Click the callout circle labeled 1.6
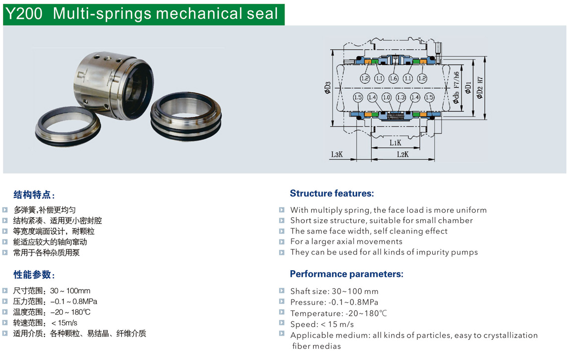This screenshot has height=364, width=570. (394, 78)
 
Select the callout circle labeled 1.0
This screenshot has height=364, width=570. (387, 98)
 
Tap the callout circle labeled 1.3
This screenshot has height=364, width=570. (400, 98)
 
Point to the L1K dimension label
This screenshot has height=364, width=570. (395, 142)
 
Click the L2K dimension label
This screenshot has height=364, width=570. (402, 154)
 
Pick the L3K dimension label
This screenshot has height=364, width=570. (337, 154)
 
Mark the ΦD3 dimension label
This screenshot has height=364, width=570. (328, 88)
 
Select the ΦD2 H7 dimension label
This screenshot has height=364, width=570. (480, 88)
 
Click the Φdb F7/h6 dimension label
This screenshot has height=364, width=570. (456, 88)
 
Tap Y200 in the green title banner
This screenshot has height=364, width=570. (24, 14)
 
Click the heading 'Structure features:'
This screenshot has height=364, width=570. (332, 193)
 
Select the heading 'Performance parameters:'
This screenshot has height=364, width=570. (346, 274)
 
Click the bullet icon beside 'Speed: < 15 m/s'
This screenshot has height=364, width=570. (282, 322)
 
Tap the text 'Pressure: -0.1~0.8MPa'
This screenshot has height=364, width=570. (334, 302)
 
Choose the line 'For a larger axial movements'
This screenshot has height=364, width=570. (346, 242)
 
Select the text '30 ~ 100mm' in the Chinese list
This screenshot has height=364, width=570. (70, 291)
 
